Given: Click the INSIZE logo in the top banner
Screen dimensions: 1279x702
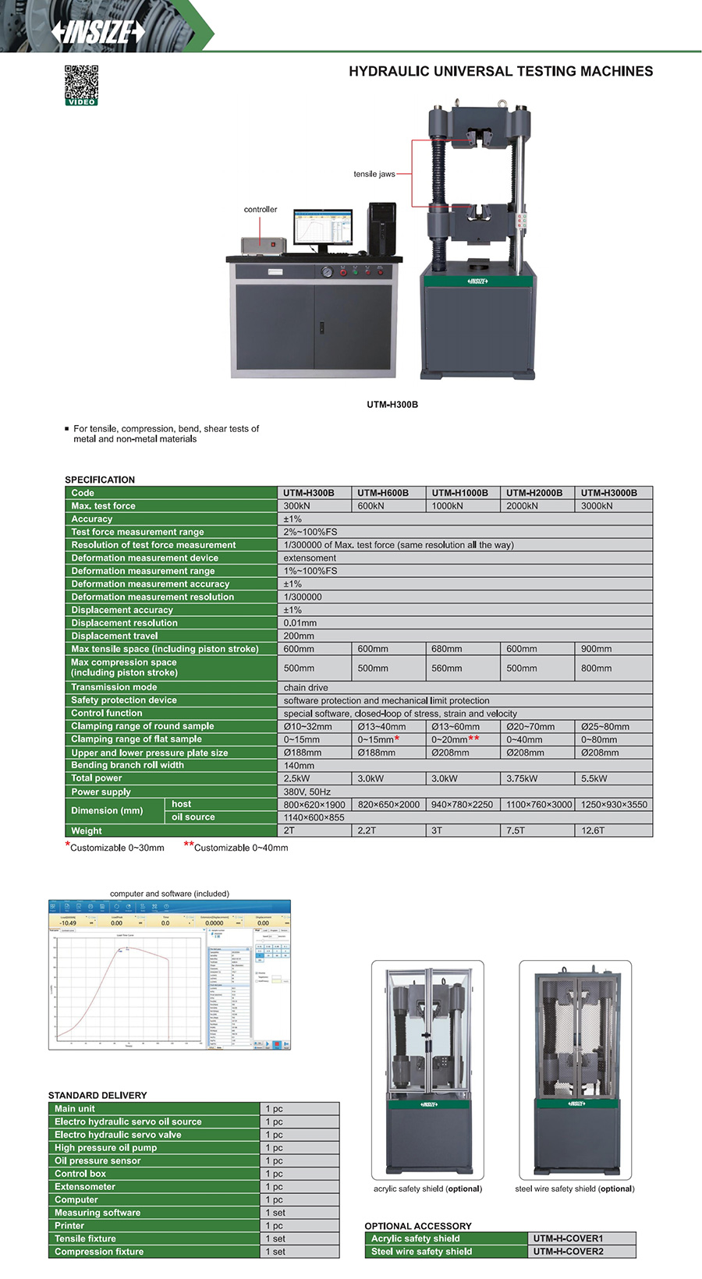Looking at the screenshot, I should [98, 31].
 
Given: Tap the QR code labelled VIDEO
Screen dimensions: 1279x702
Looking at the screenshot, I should [81, 84].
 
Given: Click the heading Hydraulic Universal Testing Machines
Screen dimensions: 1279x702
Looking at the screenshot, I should [501, 71].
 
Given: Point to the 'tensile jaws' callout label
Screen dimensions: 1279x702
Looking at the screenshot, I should [374, 174].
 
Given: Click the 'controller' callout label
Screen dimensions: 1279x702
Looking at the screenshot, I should [261, 209].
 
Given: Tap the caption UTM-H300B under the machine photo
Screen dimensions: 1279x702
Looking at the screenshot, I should [392, 405].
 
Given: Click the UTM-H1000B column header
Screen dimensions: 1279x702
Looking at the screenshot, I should [460, 493].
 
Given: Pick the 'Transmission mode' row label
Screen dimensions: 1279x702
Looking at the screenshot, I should [114, 687].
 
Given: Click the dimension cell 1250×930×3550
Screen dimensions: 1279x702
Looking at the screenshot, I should [614, 804].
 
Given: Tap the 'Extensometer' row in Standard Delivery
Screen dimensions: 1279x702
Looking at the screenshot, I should [85, 1186].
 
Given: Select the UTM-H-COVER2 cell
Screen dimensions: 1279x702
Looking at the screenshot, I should [569, 1251].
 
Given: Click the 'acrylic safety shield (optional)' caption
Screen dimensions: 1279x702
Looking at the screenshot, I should [427, 1189].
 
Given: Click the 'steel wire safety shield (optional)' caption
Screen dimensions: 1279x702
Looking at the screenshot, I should [575, 1189].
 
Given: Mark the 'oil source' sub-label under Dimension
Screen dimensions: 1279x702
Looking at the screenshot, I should [193, 817].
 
